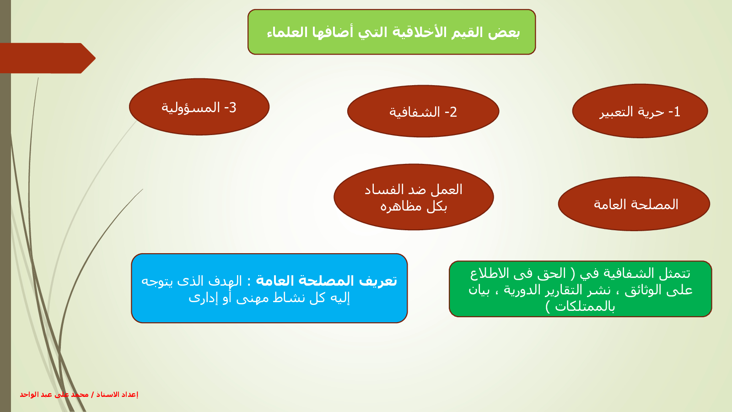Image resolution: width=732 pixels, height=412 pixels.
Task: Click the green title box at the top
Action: click(x=392, y=32)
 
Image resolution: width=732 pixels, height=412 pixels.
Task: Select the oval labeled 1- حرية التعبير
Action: click(x=640, y=111)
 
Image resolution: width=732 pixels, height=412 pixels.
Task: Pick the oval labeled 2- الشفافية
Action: click(x=423, y=111)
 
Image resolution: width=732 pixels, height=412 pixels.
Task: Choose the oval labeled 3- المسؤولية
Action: click(x=199, y=107)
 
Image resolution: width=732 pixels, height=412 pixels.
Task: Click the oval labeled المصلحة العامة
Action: click(x=634, y=204)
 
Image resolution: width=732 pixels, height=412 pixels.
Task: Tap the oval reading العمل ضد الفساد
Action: click(x=414, y=197)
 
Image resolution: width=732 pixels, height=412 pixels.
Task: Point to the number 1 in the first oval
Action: click(x=677, y=112)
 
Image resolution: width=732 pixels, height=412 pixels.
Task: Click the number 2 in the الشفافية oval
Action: click(x=453, y=112)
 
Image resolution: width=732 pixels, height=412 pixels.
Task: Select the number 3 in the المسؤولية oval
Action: click(x=232, y=108)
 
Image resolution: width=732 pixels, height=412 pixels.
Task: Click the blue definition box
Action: click(x=269, y=288)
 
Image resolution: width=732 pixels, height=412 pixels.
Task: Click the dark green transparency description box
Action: click(x=581, y=289)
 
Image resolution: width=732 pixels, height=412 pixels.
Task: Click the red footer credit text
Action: click(x=79, y=394)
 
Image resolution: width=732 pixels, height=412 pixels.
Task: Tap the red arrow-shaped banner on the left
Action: click(x=48, y=58)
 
